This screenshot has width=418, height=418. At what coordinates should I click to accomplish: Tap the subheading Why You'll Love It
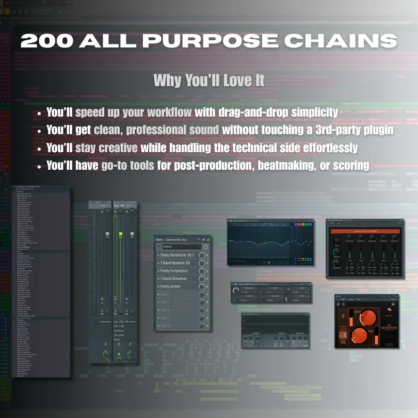(209, 81)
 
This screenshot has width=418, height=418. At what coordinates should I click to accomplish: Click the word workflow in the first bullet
(167, 112)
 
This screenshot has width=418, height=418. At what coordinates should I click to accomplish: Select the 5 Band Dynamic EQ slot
(177, 263)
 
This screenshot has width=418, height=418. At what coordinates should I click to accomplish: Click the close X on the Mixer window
(208, 240)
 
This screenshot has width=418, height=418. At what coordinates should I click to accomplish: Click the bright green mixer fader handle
(120, 234)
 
